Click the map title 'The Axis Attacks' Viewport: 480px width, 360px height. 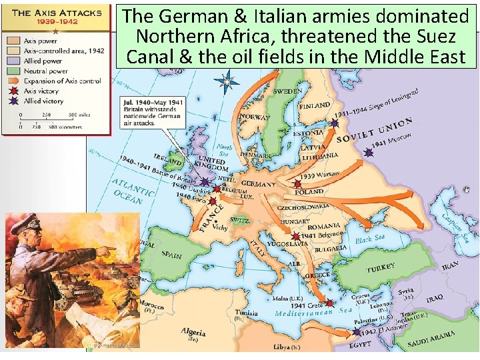point(56,12)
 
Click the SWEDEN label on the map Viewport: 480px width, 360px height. point(287,91)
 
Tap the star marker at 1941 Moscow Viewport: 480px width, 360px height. point(368,152)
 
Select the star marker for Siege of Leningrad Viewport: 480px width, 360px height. point(335,123)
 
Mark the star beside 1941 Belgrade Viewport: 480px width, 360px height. point(295,236)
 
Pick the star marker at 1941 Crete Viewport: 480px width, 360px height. point(329,303)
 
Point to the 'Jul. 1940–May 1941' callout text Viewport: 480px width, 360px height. point(153,102)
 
